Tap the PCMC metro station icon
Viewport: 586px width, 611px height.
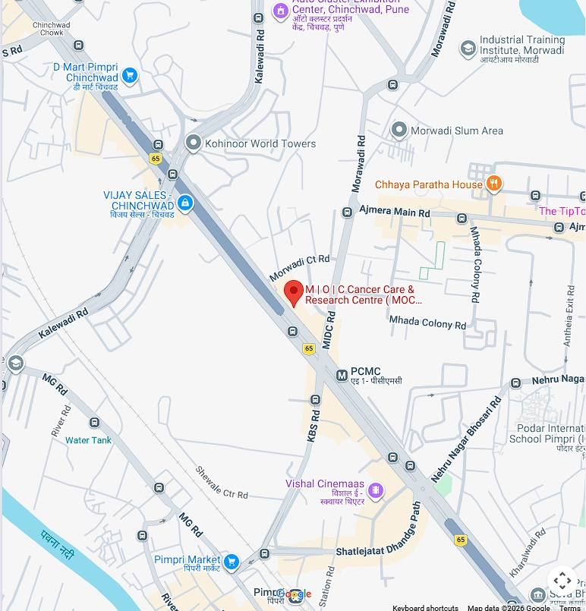[x=342, y=374]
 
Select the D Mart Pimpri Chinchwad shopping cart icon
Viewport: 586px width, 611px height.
[x=130, y=74]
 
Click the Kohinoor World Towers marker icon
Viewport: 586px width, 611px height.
[x=193, y=143]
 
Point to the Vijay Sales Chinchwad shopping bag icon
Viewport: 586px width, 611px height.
[x=185, y=203]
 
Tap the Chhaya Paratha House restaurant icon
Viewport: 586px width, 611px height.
[x=493, y=184]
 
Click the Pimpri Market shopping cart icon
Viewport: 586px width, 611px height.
[x=232, y=562]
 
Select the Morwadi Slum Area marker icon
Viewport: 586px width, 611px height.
[x=399, y=130]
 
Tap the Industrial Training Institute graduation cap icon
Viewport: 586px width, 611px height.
[x=468, y=49]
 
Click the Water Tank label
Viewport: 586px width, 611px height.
[x=88, y=440]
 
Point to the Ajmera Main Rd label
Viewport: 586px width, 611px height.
[x=395, y=212]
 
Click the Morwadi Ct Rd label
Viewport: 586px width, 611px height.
[x=300, y=269]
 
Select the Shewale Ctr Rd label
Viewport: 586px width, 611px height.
[x=222, y=483]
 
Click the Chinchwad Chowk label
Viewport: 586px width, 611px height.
[x=52, y=29]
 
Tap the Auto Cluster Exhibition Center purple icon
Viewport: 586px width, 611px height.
[x=280, y=11]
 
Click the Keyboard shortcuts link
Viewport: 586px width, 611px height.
[x=425, y=607]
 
